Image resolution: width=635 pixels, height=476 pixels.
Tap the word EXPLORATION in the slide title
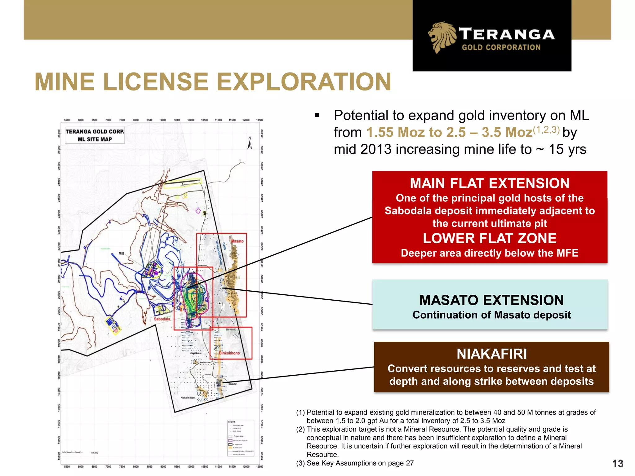(x=304, y=82)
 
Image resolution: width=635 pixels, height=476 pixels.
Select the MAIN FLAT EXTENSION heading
(x=490, y=183)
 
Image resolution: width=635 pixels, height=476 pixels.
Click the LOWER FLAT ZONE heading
(x=490, y=238)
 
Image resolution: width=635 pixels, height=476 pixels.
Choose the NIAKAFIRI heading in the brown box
(x=492, y=354)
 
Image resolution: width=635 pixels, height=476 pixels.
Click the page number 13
(x=617, y=464)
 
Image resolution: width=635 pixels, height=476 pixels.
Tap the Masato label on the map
(x=238, y=241)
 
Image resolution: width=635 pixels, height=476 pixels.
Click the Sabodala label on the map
(x=162, y=319)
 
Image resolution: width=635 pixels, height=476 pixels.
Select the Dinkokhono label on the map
(x=229, y=353)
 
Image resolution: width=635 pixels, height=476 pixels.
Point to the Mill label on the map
(x=121, y=253)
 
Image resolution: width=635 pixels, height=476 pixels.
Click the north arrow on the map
(x=250, y=144)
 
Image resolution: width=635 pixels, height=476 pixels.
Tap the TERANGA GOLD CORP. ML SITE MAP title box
(x=95, y=135)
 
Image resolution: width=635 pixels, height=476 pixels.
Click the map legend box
(x=241, y=438)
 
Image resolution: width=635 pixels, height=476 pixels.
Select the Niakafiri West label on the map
(x=188, y=398)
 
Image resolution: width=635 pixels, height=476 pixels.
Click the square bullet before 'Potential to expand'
(x=317, y=116)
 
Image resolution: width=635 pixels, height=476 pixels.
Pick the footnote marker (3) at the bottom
(x=300, y=463)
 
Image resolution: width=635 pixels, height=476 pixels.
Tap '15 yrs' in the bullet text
(x=567, y=149)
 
